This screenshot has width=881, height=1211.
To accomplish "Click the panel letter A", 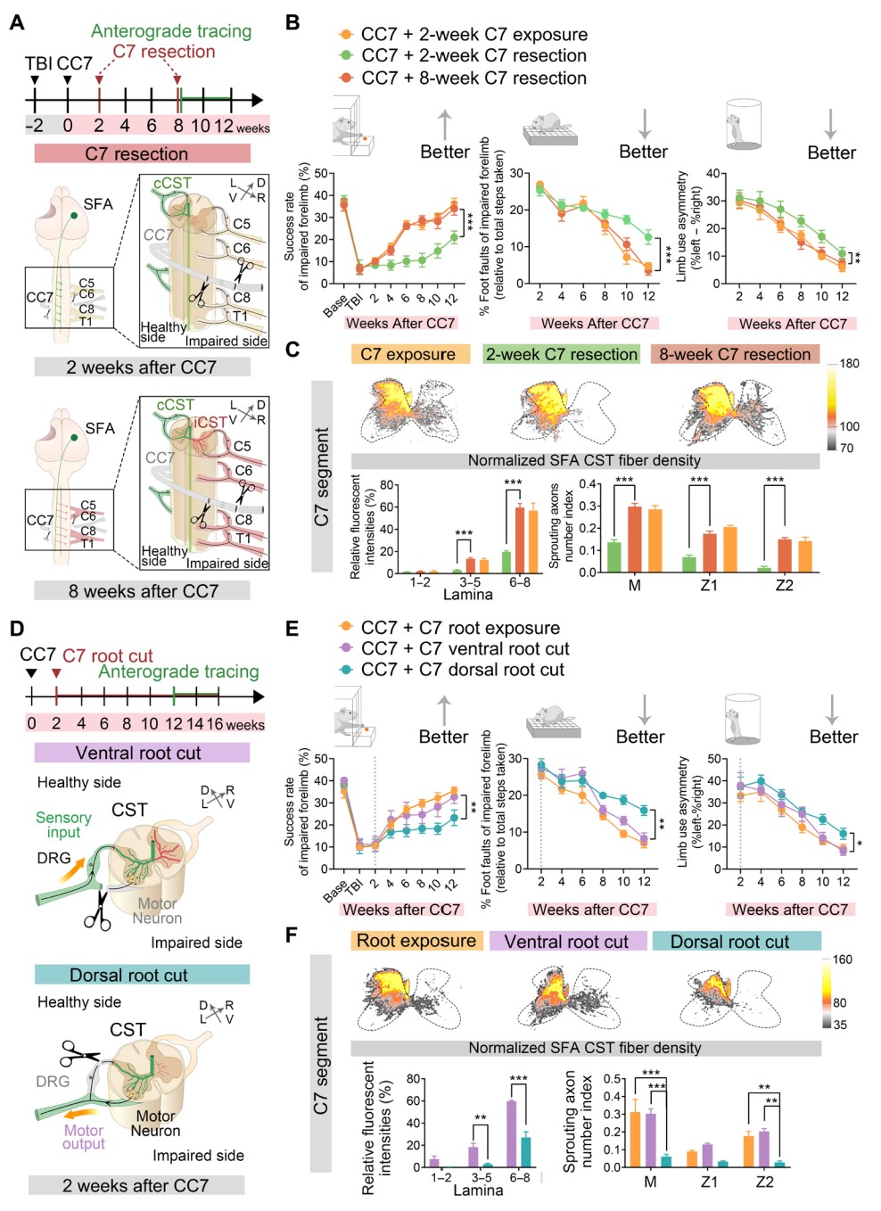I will coord(16,21).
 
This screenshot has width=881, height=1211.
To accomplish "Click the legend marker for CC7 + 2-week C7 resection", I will coord(346,55).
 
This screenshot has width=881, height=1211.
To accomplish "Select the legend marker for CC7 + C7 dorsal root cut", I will coord(346,669).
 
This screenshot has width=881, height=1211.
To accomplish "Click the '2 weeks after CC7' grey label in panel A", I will coord(142,367).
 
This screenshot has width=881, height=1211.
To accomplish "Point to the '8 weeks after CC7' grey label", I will coord(143,590).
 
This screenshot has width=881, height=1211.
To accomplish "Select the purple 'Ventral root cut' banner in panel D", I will coord(142,753).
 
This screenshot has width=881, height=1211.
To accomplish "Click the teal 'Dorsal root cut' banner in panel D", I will coord(142,975).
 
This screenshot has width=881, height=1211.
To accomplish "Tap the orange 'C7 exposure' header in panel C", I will coord(409,354).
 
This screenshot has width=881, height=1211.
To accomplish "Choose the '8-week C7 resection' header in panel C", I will coord(735,354).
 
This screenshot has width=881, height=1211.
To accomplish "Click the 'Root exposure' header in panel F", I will coord(416,941).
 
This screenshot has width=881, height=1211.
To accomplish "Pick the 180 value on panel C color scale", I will coord(849,364).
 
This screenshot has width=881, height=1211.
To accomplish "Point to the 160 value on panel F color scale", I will coord(843,960).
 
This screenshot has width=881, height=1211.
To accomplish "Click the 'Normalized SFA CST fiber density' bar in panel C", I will coord(584,460).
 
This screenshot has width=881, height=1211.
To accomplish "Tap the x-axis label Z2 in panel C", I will coord(784,585).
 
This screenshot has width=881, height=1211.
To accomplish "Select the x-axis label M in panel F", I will coord(650,1182).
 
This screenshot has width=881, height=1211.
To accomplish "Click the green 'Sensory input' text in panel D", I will coord(63,825).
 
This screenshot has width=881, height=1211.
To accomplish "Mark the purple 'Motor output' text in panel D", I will coord(84,1137).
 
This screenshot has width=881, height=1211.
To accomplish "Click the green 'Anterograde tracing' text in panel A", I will coord(171,31).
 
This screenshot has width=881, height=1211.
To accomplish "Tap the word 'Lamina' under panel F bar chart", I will coord(478,1190).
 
